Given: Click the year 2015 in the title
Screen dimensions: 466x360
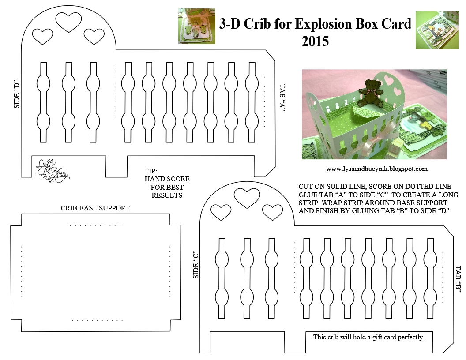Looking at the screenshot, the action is point(316,41).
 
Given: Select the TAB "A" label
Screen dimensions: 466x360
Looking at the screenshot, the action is point(282,98).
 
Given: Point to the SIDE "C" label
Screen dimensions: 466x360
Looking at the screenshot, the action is point(196,266).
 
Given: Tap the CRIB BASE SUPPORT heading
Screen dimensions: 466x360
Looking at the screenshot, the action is point(95,208).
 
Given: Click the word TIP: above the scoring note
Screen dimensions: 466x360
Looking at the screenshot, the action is point(150,171).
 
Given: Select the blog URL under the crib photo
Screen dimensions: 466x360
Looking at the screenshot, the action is point(376,169).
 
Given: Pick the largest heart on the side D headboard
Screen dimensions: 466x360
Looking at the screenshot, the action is point(69,22).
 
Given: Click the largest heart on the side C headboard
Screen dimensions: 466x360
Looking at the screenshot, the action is point(247,198).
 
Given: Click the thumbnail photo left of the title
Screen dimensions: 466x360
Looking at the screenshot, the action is point(196,26).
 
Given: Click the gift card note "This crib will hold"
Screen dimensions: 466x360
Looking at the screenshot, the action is point(369,337).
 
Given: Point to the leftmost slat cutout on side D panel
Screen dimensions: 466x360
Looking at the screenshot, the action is point(43,102).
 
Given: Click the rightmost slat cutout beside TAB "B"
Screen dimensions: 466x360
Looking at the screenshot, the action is point(430,278).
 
